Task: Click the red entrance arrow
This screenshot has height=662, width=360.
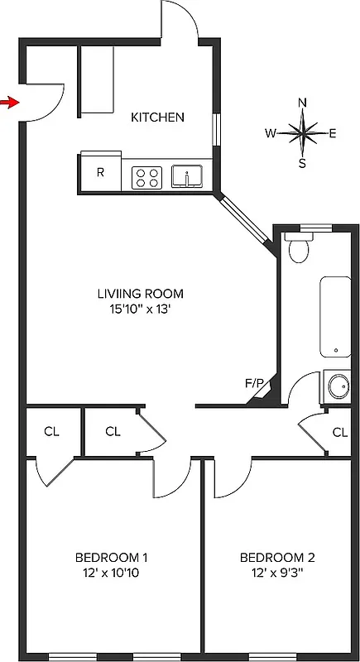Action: point(9,102)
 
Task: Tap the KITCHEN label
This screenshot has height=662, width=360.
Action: point(157,118)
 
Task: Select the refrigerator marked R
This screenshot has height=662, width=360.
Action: point(100,173)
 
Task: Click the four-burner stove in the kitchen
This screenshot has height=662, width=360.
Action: point(146,176)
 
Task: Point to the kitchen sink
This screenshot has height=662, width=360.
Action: point(189,176)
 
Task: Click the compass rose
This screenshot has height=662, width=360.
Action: point(303,132)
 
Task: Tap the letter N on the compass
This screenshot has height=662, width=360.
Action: point(303,103)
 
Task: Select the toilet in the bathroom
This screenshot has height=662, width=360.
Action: point(297,247)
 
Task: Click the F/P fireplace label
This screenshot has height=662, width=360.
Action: point(254,383)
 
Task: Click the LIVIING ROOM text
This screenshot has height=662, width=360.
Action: point(139,294)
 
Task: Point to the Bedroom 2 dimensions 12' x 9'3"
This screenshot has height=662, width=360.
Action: point(277,572)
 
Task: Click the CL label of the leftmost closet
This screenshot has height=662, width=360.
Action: point(51,431)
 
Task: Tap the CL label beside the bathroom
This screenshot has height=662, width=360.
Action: point(339,432)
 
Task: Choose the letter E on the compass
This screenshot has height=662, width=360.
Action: point(333,133)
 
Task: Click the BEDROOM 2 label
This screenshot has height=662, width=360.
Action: point(277,557)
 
